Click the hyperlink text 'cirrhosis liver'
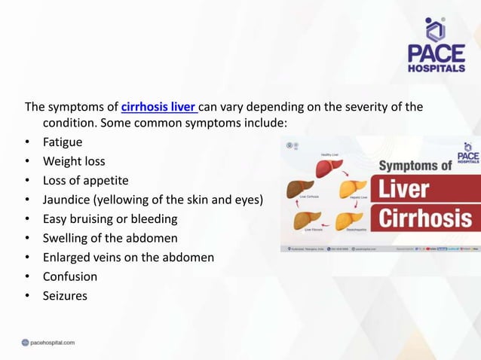[158, 106]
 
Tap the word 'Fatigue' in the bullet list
[63, 142]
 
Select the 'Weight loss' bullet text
[74, 161]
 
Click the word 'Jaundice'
[69, 200]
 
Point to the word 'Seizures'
[65, 296]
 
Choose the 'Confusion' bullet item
[70, 276]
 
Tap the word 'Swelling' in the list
[68, 238]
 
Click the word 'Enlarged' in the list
[69, 258]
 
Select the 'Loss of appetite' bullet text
[85, 181]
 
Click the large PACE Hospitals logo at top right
[436, 44]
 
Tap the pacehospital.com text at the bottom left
[48, 343]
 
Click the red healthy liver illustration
[329, 168]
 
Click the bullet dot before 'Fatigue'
[28, 142]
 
